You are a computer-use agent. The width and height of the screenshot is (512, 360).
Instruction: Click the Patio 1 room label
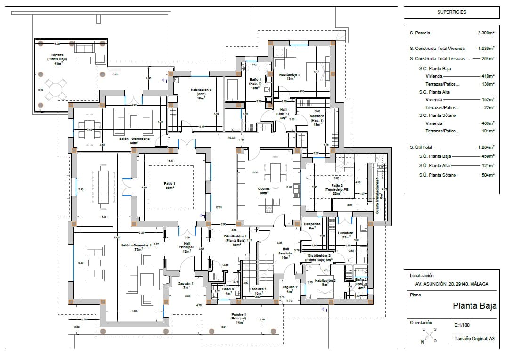coord(170,185)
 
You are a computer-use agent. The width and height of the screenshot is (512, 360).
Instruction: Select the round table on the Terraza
coord(56,89)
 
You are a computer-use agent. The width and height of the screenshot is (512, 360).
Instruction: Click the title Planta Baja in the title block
coord(474,306)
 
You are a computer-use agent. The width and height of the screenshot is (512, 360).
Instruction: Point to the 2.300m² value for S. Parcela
coord(486,33)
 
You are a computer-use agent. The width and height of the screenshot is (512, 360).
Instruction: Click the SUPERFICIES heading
coord(452,12)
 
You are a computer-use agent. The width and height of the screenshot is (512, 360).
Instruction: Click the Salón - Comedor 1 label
coord(136,247)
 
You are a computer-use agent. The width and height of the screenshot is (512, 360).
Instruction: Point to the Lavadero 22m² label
coord(346,235)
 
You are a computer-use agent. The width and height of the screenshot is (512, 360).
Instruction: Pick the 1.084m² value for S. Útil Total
coord(486,147)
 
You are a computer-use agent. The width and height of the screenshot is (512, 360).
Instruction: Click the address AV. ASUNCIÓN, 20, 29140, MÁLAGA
coord(451,284)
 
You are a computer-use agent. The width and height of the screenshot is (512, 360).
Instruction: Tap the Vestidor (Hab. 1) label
coord(317,120)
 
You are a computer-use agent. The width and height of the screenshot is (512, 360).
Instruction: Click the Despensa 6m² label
coord(312,226)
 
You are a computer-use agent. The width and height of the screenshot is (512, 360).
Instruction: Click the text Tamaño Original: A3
coord(474,339)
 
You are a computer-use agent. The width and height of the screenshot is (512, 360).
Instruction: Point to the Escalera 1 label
coord(258,291)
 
